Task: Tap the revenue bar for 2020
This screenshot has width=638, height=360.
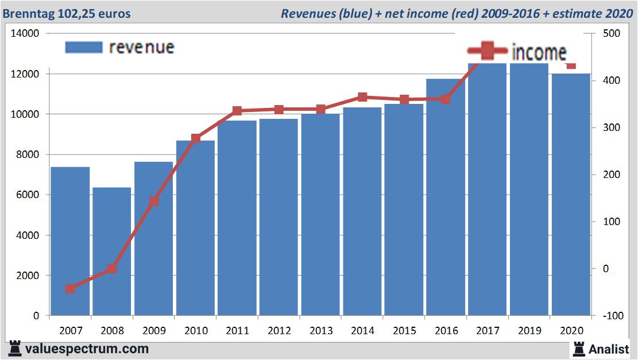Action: pyautogui.click(x=571, y=195)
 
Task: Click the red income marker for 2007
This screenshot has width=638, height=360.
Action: pyautogui.click(x=70, y=288)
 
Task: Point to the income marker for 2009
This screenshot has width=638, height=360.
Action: pyautogui.click(x=154, y=201)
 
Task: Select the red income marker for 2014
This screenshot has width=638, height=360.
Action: pyautogui.click(x=362, y=97)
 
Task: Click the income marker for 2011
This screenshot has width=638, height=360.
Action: pyautogui.click(x=237, y=111)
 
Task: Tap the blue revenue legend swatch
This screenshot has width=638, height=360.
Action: pyautogui.click(x=83, y=47)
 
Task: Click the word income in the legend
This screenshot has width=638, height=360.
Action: pyautogui.click(x=539, y=52)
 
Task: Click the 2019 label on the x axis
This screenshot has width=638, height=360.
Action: pyautogui.click(x=529, y=331)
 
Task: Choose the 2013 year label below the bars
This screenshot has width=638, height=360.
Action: pyautogui.click(x=320, y=331)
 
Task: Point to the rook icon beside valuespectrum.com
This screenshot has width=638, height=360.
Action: pyautogui.click(x=16, y=348)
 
